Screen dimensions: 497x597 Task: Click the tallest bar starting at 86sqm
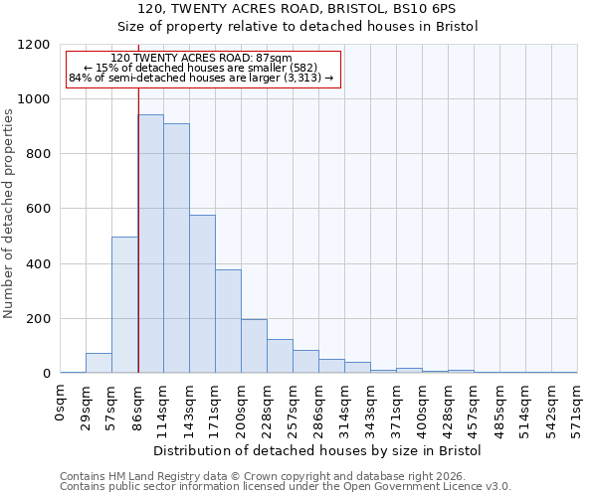coord(150,244)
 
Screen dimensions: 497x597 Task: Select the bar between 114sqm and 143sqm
coord(176,248)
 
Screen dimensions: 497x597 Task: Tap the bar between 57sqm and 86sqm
coord(124,305)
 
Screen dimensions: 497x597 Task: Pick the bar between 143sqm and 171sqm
coord(202,294)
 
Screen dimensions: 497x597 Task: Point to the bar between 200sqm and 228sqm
coord(254,346)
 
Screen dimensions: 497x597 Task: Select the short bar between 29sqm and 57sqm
coord(99,363)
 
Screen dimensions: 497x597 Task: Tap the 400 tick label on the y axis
coord(37,264)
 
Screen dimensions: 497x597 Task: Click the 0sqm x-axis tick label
coord(61,402)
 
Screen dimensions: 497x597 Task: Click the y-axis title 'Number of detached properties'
coord(9,215)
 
